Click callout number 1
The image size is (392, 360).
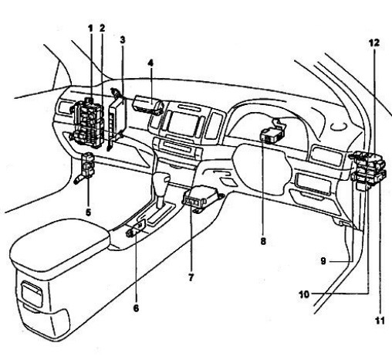pyautogui.click(x=90, y=29)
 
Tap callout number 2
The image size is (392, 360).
pyautogui.click(x=103, y=29)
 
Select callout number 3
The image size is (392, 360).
pyautogui.click(x=123, y=40)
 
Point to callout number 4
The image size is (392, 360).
pyautogui.click(x=150, y=63)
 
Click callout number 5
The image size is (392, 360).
pyautogui.click(x=88, y=212)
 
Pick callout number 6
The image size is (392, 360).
pyautogui.click(x=136, y=308)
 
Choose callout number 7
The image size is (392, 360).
pyautogui.click(x=191, y=278)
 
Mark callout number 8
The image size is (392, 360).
pyautogui.click(x=263, y=241)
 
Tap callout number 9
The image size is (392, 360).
pyautogui.click(x=323, y=261)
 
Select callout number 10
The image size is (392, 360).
pyautogui.click(x=304, y=294)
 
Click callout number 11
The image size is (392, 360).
pyautogui.click(x=380, y=321)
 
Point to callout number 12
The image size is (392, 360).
pyautogui.click(x=374, y=42)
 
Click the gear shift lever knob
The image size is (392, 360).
pyautogui.click(x=161, y=181)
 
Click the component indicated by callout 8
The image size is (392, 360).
pyautogui.click(x=273, y=130)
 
